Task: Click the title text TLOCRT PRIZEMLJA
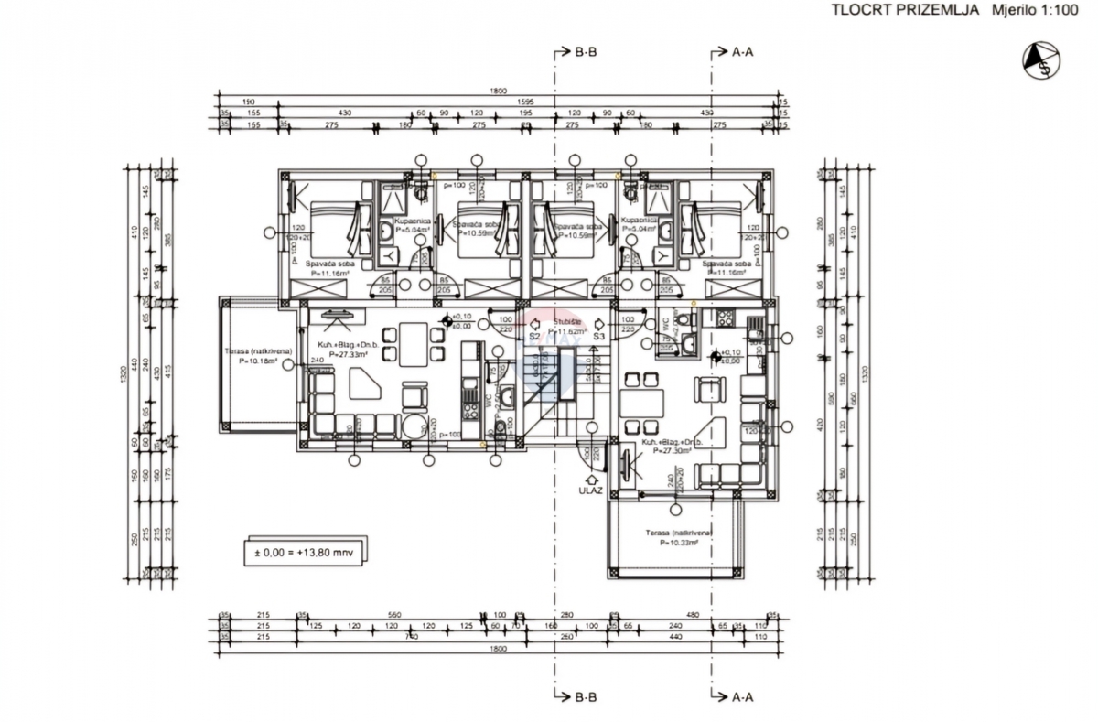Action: pos(892,10)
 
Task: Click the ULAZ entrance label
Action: pos(590,490)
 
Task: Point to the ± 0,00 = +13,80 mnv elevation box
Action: pos(304,553)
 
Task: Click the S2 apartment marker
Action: pos(533,337)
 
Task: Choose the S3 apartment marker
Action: pos(599,337)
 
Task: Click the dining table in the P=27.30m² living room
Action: pos(640,403)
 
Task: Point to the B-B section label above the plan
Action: pos(586,52)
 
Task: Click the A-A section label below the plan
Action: pos(742,697)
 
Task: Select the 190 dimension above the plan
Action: pos(248,102)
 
